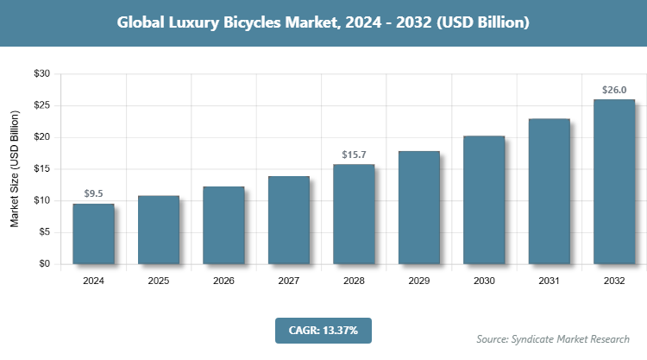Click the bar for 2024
coord(93,234)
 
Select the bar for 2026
coord(223,225)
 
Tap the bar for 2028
coord(354,214)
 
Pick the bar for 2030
coord(484,199)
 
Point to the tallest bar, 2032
coord(614,181)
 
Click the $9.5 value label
coord(93,193)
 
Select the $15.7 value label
coord(354,154)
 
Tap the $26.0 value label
coord(614,89)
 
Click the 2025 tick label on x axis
coord(159,281)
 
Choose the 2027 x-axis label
coord(289,281)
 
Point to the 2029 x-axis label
coord(419,281)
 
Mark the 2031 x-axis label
coord(550,281)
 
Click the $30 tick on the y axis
coord(41,74)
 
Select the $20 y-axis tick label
coord(41,137)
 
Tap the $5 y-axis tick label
coord(44,232)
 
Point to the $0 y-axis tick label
coord(44,264)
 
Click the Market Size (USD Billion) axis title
coord(15,169)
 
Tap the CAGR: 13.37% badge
coord(323,330)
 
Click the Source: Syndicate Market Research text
coord(553,338)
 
